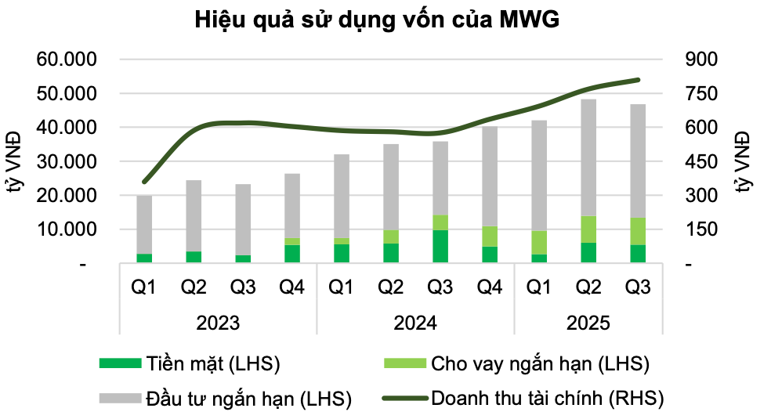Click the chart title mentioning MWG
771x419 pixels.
click(376, 20)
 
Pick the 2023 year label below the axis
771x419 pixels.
click(218, 323)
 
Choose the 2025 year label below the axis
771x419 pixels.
click(588, 323)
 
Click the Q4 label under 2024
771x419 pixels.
click(489, 288)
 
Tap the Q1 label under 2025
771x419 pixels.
click(539, 288)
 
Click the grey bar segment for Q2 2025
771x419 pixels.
click(588, 157)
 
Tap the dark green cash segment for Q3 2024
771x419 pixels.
click(440, 247)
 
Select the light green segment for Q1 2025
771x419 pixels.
click(539, 243)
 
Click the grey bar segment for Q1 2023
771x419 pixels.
click(143, 224)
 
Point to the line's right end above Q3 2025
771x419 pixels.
click(638, 80)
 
